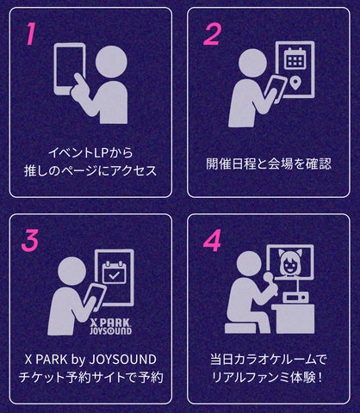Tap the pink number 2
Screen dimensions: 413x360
[212, 34]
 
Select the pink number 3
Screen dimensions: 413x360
[32, 241]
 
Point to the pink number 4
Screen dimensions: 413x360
[212, 241]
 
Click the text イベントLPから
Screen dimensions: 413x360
[90, 151]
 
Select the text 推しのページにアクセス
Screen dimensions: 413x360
[90, 170]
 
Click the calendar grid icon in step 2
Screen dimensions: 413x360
[295, 59]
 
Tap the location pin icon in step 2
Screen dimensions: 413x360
[295, 83]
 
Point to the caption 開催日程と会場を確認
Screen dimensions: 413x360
[270, 163]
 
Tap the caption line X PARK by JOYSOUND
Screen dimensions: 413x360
[90, 358]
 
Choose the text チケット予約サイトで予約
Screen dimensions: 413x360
[90, 377]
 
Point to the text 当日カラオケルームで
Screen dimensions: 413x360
[270, 358]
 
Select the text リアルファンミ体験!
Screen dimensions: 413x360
[270, 377]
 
